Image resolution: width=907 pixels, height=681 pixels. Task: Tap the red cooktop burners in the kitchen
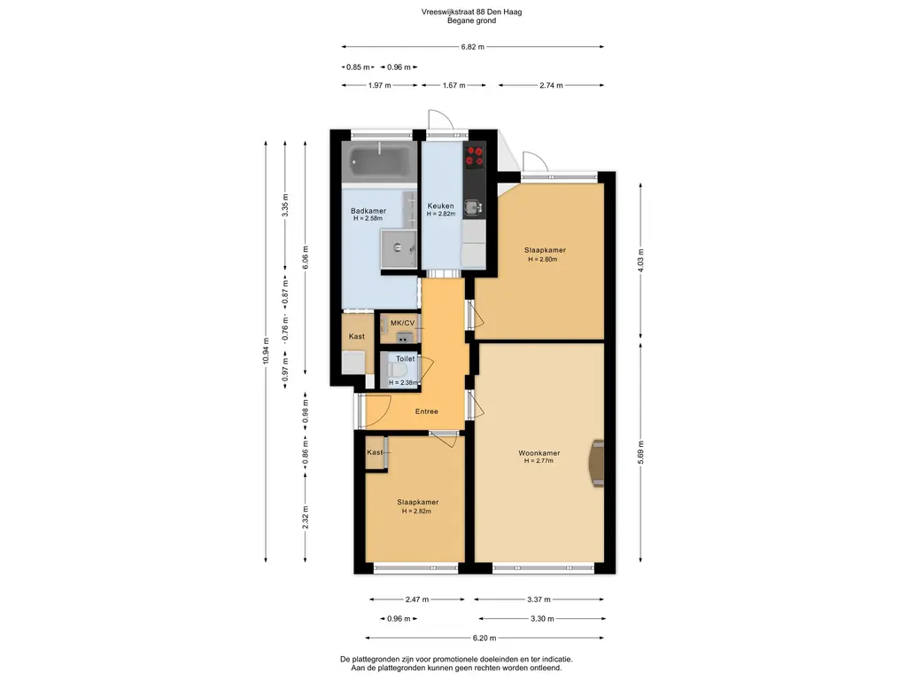(x=475, y=156)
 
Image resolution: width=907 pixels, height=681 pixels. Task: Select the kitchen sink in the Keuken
(x=475, y=206)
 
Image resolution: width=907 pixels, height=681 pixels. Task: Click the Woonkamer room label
(x=539, y=453)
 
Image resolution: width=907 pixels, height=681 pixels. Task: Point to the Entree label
(x=426, y=411)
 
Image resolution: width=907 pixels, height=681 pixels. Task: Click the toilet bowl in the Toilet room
(x=399, y=370)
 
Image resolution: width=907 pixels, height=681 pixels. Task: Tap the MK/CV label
(x=403, y=323)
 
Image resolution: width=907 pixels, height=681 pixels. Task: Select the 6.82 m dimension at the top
(x=473, y=47)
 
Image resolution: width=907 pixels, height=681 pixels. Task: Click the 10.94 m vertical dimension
(x=266, y=350)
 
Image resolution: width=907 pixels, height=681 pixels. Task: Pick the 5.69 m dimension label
(x=640, y=452)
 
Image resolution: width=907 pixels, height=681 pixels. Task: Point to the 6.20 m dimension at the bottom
(x=485, y=638)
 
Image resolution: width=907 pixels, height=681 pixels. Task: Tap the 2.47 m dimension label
(x=417, y=599)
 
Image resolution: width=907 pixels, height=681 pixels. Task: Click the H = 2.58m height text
(x=368, y=219)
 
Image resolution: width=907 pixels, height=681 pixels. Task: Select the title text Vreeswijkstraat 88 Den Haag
(x=471, y=12)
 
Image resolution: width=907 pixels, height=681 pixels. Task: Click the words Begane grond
(x=471, y=21)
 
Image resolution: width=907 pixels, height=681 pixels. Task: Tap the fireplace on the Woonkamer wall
(x=596, y=463)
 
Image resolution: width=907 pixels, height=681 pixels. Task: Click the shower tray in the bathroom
(x=399, y=248)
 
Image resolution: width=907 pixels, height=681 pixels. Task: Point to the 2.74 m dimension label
(x=551, y=85)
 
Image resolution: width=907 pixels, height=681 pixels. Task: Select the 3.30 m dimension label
(x=542, y=618)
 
